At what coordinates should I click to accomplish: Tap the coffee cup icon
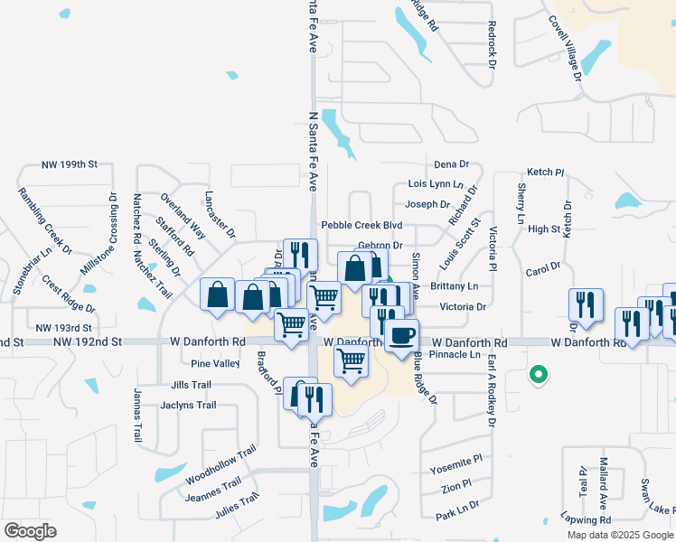click(400, 335)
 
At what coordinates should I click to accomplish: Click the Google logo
click(30, 531)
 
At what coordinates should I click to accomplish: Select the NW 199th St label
click(70, 166)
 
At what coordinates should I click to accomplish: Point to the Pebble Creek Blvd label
click(361, 225)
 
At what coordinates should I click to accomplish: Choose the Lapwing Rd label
click(585, 520)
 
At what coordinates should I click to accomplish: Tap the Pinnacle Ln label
click(455, 355)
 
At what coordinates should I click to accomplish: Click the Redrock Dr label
click(493, 44)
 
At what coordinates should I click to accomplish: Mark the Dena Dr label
click(451, 164)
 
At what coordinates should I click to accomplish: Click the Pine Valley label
click(215, 363)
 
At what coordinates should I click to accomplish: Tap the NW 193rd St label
click(64, 327)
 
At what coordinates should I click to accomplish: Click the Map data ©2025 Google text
click(619, 535)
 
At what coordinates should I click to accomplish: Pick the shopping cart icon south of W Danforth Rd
click(350, 360)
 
